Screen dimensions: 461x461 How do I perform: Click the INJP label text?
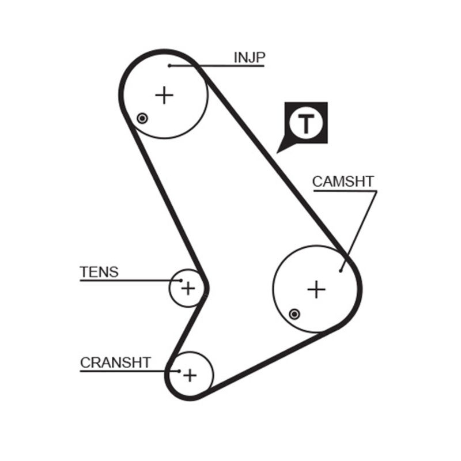249,57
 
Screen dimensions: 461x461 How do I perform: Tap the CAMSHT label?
343,182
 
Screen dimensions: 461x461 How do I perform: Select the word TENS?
99,271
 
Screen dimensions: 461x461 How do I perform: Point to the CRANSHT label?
115,362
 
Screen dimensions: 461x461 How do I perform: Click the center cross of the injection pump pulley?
165,95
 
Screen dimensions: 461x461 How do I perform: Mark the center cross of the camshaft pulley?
316,289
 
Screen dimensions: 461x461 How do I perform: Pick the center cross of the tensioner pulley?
188,287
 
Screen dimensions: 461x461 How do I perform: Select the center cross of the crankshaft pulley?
190,376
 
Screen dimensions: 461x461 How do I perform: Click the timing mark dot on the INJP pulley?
142,118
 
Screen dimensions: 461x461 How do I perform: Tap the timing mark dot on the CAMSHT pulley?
294,313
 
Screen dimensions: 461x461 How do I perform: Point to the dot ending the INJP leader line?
170,66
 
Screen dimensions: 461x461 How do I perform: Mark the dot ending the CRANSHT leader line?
179,371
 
